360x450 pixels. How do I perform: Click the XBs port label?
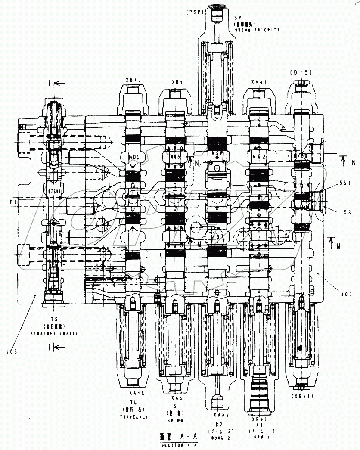[x=177, y=81]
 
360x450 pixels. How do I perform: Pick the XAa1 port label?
[x=259, y=81]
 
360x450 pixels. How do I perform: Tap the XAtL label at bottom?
[x=132, y=393]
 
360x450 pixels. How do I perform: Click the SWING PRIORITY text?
[x=257, y=30]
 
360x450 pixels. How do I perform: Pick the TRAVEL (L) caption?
[x=132, y=418]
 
